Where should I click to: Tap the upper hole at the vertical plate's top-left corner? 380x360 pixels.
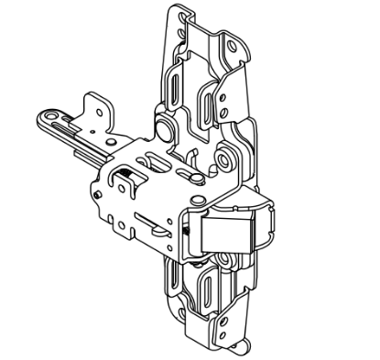180,17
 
